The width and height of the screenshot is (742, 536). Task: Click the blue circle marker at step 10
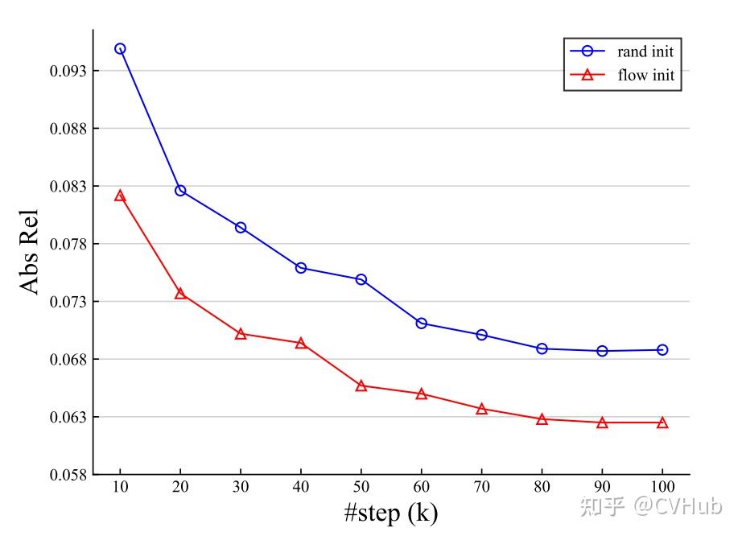tap(120, 49)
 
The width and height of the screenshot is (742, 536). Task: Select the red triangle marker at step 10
tap(120, 196)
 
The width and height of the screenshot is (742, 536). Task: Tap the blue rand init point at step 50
tap(361, 279)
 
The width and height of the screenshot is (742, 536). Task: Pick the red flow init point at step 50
tap(361, 386)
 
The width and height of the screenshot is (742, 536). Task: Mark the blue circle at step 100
tap(662, 350)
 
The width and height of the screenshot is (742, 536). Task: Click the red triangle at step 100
tap(662, 423)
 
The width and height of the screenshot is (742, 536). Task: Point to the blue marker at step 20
tap(180, 191)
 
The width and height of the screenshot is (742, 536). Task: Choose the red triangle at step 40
tap(301, 344)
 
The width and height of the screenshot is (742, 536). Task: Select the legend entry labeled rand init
tap(645, 52)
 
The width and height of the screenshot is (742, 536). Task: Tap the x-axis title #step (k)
tap(391, 513)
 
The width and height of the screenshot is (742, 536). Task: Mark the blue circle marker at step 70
tap(481, 335)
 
